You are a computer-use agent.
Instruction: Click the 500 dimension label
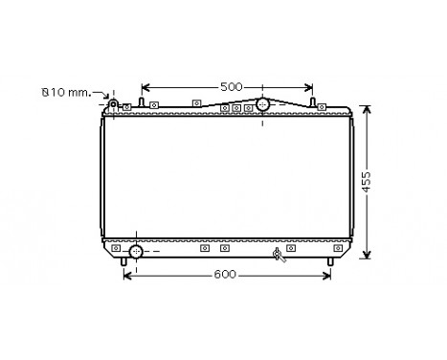tap(231, 87)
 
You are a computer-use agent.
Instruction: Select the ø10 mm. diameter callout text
tap(64, 92)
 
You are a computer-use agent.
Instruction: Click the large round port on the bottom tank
tap(135, 251)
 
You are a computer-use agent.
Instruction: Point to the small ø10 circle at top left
tap(112, 103)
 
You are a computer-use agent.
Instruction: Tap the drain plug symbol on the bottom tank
tap(279, 254)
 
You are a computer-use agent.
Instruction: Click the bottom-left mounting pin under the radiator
tap(125, 261)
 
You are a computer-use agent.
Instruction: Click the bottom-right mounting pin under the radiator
tap(331, 261)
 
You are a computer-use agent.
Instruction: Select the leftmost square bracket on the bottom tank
tap(116, 248)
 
